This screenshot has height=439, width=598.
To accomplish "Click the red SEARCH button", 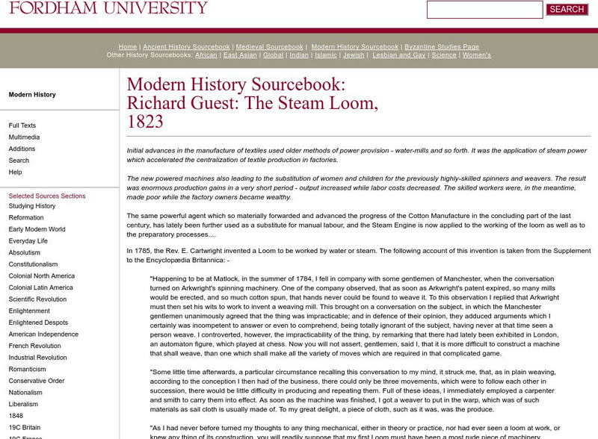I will pos(567,10).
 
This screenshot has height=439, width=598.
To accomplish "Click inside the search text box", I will pos(484,10).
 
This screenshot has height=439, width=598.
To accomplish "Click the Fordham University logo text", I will pos(108,8).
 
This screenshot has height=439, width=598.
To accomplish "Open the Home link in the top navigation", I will pos(127,46).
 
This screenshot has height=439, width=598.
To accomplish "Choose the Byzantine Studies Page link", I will pos(442,46).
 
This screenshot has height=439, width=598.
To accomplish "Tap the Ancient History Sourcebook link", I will pos(186,46).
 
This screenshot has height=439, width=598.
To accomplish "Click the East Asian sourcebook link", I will pos(240,55).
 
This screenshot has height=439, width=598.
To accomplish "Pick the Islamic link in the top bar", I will pos(326,55).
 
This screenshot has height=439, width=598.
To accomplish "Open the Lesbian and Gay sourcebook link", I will pos(399,55).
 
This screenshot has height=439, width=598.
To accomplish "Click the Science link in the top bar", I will pos(444,55).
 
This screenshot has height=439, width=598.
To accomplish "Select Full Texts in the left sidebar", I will pos(22,125).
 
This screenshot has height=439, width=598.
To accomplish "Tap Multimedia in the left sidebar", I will pos(25,137).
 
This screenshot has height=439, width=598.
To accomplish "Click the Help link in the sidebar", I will pos(15,172).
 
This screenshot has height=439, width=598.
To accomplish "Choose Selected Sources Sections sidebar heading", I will pos(47,196).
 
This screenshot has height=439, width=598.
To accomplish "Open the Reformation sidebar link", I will pos(26,218).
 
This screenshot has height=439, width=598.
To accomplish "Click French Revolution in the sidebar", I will pos(35,346).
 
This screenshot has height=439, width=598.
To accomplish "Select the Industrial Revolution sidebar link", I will pos(37,358).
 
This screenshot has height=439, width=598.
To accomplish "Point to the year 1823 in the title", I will pos(145,122).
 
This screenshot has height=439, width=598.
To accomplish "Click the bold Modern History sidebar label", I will pos(32,95).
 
